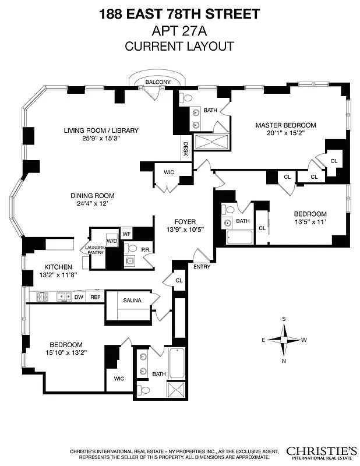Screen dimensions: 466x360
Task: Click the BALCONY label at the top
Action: coord(158,82)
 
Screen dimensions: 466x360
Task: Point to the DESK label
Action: coord(186,149)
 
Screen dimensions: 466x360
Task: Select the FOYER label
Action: coord(185,221)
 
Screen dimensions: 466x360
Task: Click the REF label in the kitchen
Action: coord(95,297)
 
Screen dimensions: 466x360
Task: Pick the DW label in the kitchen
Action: coord(79,297)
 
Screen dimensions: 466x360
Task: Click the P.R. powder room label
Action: coord(146,249)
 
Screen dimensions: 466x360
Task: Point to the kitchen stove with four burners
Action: coord(43,296)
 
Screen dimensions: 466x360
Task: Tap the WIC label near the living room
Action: coord(168,172)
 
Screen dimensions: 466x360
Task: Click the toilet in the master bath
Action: coord(183,97)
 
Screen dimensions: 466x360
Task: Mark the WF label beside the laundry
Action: coord(126,234)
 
